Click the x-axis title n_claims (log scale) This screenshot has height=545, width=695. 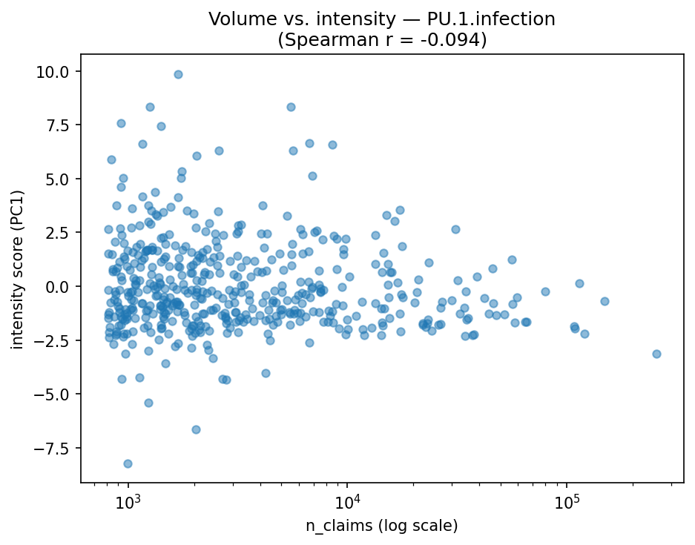coord(382,526)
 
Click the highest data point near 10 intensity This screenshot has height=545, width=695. coord(178,74)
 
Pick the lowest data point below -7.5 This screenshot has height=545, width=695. coord(128,463)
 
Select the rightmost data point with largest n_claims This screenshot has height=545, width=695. coord(656,354)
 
